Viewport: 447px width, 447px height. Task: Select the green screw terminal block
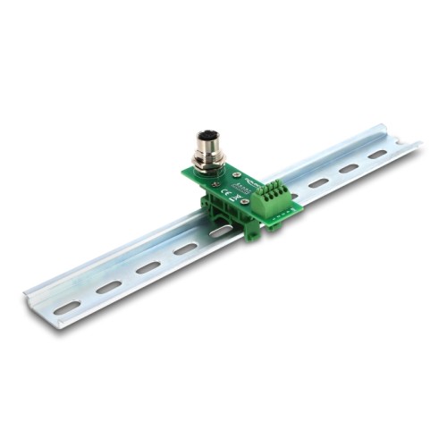(271, 200)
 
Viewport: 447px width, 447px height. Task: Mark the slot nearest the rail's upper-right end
(378, 155)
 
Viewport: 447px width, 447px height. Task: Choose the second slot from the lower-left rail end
(108, 287)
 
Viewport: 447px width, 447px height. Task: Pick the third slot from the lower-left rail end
(148, 267)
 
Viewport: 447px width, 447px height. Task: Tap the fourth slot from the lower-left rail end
(185, 249)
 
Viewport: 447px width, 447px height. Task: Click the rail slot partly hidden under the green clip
(221, 231)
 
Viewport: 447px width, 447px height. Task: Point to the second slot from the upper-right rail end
(349, 168)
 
